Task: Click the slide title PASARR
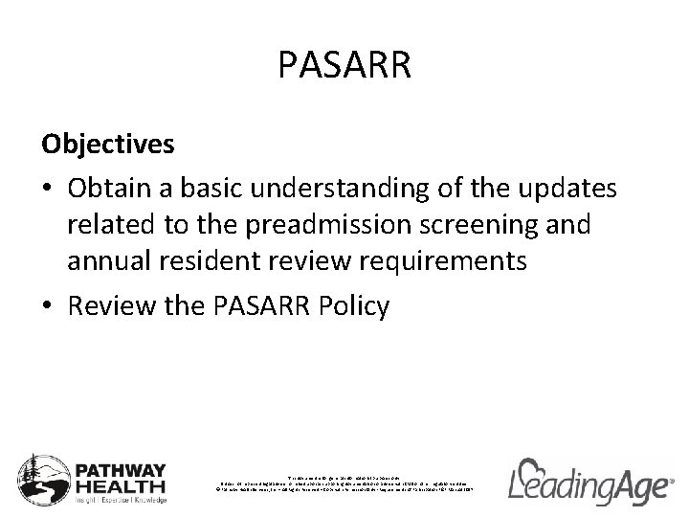(x=344, y=66)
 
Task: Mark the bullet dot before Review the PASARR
(x=47, y=305)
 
